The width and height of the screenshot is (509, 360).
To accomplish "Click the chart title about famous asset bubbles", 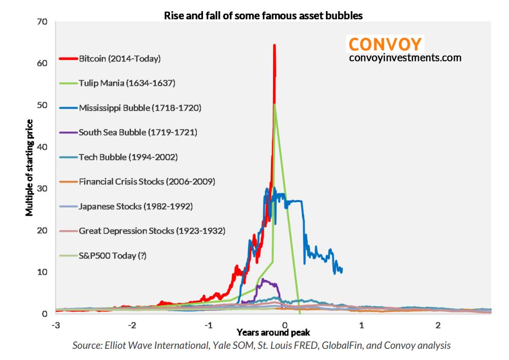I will click(263, 16).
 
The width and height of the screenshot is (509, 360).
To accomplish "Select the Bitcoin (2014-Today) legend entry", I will click(119, 58).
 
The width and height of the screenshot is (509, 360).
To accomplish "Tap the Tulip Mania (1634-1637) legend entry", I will click(127, 83).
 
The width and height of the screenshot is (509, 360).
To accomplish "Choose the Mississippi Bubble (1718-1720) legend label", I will click(140, 108).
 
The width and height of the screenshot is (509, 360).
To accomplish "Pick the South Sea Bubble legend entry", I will click(138, 132).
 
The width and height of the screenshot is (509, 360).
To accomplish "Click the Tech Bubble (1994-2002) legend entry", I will click(128, 157).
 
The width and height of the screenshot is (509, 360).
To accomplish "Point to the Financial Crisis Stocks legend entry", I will click(147, 181).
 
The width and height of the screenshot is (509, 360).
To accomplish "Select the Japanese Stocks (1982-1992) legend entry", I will click(134, 206).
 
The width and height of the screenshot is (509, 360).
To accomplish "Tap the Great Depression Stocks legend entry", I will click(152, 231).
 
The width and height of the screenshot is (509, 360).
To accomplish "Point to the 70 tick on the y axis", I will click(42, 22).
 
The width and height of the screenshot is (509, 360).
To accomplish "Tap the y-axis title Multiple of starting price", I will click(30, 168).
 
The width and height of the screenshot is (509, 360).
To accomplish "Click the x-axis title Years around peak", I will click(273, 333).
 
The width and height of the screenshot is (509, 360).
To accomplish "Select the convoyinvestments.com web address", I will click(405, 58).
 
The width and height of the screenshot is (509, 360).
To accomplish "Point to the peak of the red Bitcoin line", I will click(275, 45).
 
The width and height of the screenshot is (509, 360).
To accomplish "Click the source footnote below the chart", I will click(261, 346).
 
